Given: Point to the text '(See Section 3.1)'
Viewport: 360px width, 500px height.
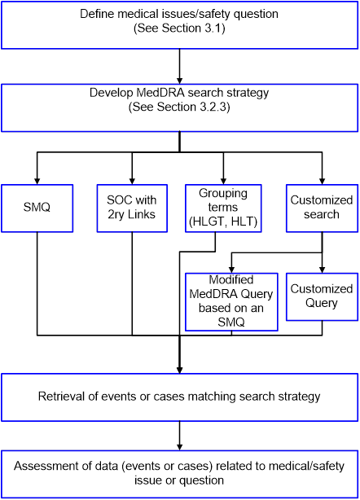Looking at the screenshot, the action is pyautogui.click(x=179, y=29).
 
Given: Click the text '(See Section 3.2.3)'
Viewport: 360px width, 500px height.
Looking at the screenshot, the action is pyautogui.click(x=179, y=107).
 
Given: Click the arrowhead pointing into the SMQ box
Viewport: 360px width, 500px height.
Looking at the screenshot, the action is pyautogui.click(x=37, y=181).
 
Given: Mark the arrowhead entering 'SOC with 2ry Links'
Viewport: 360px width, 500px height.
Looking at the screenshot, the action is pyautogui.click(x=132, y=181).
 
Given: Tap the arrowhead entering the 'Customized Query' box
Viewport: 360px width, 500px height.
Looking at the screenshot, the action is pyautogui.click(x=322, y=270).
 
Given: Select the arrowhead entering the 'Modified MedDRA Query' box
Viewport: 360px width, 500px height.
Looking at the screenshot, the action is pyautogui.click(x=231, y=270).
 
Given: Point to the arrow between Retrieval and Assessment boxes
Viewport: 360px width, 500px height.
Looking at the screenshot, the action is pyautogui.click(x=179, y=436).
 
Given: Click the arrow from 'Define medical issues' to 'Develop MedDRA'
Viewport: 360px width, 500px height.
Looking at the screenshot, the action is pyautogui.click(x=179, y=66).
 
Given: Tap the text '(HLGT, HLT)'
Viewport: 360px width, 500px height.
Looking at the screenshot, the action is pyautogui.click(x=223, y=221).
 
